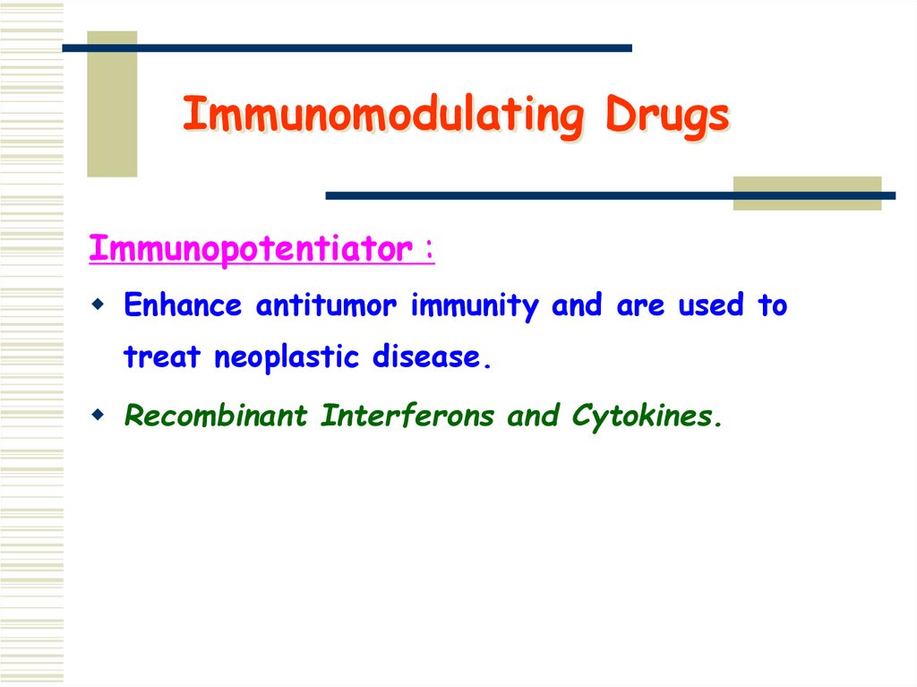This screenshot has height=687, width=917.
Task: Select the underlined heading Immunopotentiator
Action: pos(251,249)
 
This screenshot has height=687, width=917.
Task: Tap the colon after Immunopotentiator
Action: pos(430,251)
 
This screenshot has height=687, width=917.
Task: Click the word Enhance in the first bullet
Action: pos(183,306)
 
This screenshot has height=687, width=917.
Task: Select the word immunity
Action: pos(475,306)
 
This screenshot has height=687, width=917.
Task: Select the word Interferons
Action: pos(407,416)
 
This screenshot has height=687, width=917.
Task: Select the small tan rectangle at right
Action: pos(806,193)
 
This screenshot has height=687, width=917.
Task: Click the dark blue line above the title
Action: pos(358,47)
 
